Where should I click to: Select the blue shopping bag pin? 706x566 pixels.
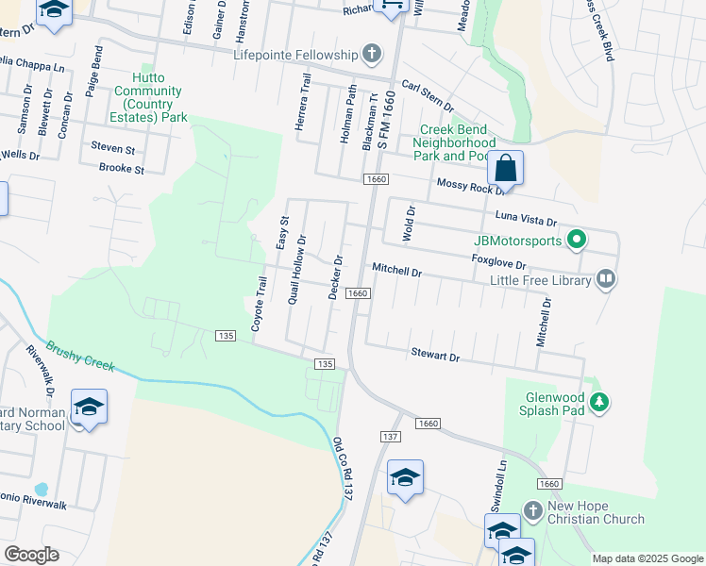pos(506,169)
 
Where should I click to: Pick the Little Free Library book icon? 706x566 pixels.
pos(606,279)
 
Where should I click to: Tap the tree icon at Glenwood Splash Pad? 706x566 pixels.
pos(598,403)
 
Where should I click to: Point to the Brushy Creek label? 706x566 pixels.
pos(79,358)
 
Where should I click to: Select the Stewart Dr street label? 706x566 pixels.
pos(434,358)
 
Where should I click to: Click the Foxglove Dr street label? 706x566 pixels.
pos(497,261)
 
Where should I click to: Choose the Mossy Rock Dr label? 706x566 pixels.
pos(464,187)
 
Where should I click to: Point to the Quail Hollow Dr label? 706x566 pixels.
pos(296,269)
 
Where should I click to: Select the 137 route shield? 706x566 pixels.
pos(391,437)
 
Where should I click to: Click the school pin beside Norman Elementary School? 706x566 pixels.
pos(89,408)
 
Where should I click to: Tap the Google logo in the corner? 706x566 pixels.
pos(31,555)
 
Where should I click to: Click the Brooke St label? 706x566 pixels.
pos(121,170)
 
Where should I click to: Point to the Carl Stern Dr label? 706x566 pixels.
pos(427,96)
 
